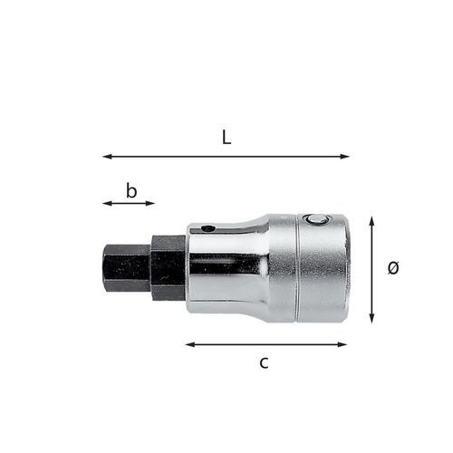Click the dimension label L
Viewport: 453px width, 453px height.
pos(226,138)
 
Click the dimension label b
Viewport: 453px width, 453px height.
pos(131,191)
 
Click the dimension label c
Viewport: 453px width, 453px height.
pos(264,362)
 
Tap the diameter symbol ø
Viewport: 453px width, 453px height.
pos(393,267)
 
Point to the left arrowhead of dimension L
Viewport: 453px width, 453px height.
pos(107,157)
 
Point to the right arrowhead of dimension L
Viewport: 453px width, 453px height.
pos(345,157)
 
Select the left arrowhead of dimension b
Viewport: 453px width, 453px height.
pos(107,204)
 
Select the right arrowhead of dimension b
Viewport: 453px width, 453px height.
pos(150,204)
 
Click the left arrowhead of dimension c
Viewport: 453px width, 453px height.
pos(190,344)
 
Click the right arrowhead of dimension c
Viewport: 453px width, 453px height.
pos(342,344)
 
